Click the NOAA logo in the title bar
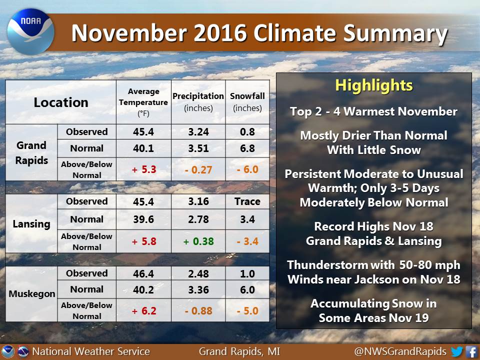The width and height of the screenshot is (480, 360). [x=30, y=32]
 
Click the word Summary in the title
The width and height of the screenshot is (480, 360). [x=395, y=33]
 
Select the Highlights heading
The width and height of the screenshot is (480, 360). [x=374, y=85]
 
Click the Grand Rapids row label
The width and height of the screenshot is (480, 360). [x=31, y=152]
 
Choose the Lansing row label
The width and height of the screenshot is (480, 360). [x=31, y=224]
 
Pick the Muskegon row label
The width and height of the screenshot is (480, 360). [x=32, y=294]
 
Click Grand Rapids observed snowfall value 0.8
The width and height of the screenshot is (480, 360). [x=247, y=132]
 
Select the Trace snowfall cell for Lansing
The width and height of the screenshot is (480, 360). [x=247, y=201]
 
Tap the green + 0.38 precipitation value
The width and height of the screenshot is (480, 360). [x=198, y=241]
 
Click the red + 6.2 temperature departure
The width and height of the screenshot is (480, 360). [x=144, y=311]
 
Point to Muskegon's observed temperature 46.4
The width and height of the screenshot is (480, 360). [x=143, y=273]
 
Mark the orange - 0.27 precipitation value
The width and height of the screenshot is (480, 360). [x=198, y=170]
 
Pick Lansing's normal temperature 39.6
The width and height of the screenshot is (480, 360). [x=143, y=219]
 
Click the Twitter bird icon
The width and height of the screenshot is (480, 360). [x=456, y=351]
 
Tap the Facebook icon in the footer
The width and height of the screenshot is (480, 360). [x=471, y=351]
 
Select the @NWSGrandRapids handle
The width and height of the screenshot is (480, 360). [x=400, y=351]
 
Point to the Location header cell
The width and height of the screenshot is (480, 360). [x=61, y=102]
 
